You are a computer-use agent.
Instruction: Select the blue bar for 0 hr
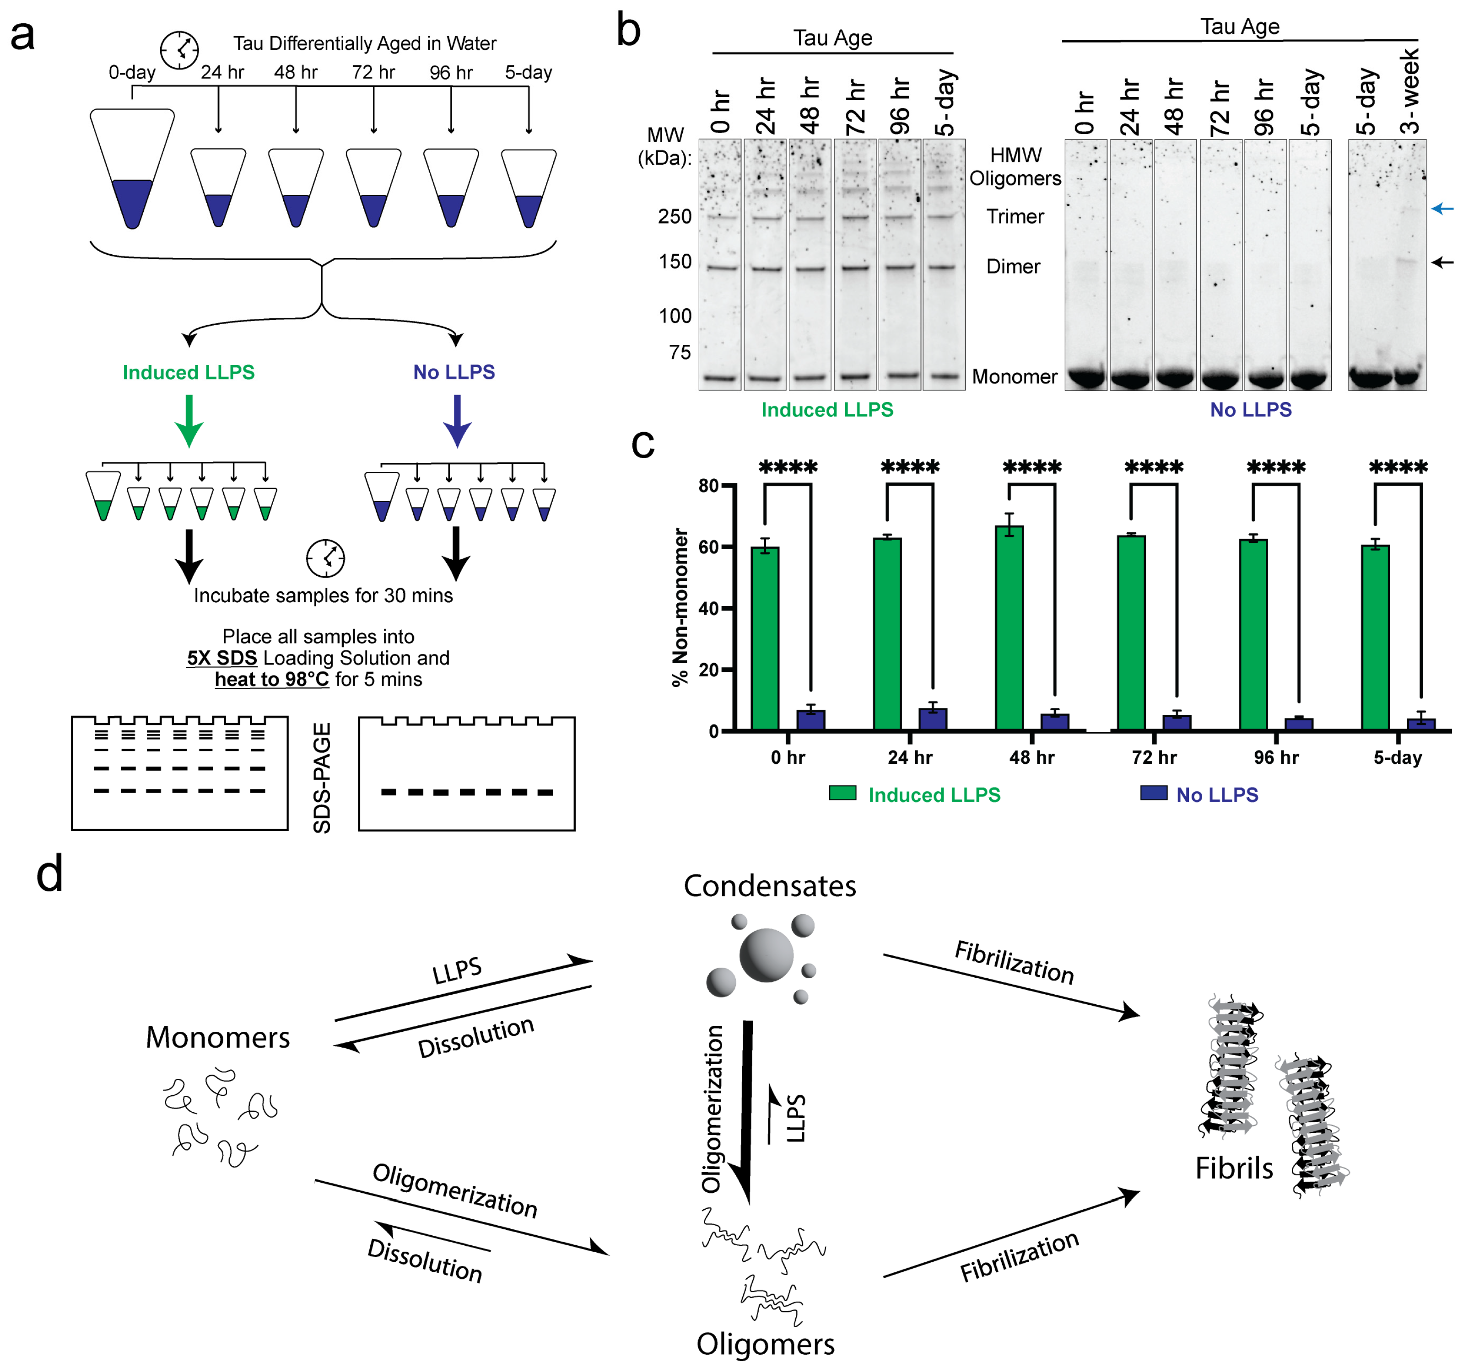point(810,719)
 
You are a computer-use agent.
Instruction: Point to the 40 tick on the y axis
point(708,608)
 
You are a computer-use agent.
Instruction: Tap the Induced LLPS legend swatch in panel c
point(842,793)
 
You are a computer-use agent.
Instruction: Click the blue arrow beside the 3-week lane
point(1441,209)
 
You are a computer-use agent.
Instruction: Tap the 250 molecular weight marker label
point(674,216)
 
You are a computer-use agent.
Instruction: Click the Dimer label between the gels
point(1013,266)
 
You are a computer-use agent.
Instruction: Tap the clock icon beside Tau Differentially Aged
point(179,50)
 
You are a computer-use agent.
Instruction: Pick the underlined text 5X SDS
point(221,658)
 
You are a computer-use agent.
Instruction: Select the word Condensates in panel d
point(769,886)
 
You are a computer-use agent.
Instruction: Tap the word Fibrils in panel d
point(1233,1168)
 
